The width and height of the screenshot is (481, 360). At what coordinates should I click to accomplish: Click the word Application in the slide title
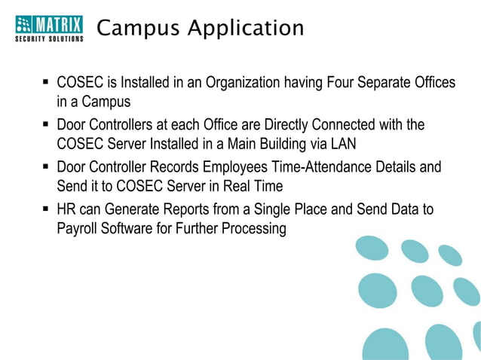[246, 29]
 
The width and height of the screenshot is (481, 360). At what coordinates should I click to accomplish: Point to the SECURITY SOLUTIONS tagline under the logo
[49, 38]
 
